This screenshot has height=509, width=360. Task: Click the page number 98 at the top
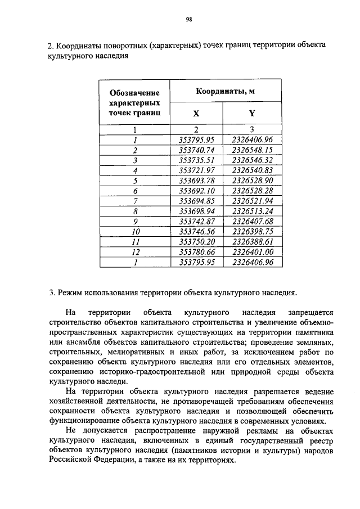coord(189,19)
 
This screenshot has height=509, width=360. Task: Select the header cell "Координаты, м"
coord(225,91)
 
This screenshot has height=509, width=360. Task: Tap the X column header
coord(196,113)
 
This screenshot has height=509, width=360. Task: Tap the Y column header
coord(252,113)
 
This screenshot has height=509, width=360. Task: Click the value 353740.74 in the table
coord(196,150)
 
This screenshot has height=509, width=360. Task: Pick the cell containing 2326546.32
coord(252,160)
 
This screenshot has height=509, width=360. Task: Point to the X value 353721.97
coord(196,170)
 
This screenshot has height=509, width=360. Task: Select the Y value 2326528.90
coord(252,181)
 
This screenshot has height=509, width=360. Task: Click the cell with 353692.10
coord(196,191)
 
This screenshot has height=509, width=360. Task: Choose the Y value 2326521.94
coord(252,201)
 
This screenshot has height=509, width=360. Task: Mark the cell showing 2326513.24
coord(252,211)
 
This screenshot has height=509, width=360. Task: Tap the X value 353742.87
coord(196,221)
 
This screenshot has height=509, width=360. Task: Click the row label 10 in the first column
coord(136,231)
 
